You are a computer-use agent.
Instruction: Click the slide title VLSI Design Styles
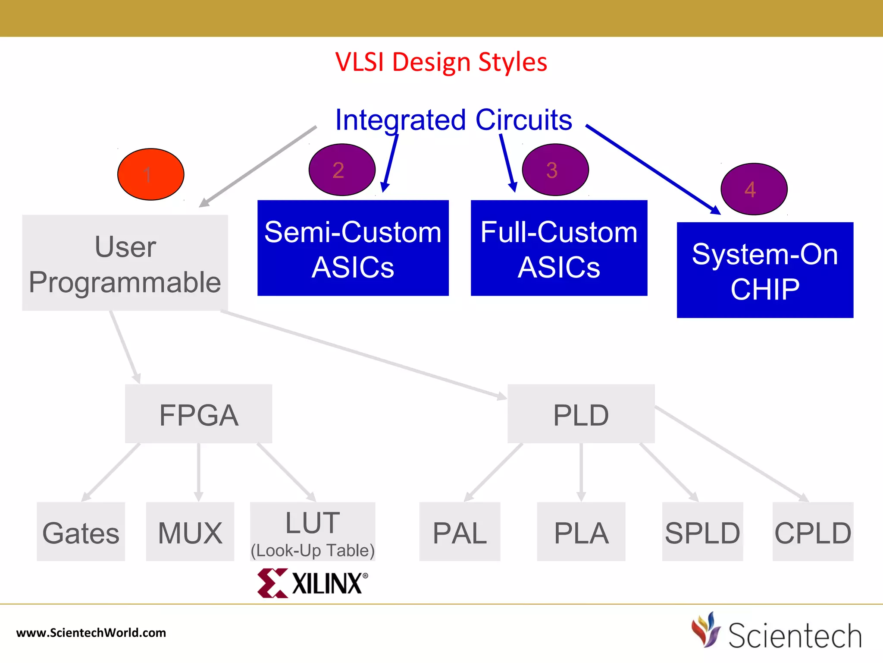click(441, 62)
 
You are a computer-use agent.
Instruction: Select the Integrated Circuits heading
click(453, 120)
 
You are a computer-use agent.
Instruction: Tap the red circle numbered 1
click(151, 174)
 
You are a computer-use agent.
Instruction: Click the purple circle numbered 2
click(342, 170)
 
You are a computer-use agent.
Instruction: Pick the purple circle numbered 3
click(555, 170)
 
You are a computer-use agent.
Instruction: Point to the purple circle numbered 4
click(754, 189)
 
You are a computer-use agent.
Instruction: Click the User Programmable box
click(125, 263)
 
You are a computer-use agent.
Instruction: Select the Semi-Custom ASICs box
click(353, 248)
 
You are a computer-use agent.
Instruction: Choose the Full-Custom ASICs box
click(559, 248)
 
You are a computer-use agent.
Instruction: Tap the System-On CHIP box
click(765, 270)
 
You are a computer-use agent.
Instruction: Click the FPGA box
click(198, 414)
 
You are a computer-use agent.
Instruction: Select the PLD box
click(581, 414)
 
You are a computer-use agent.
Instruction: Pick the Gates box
click(81, 532)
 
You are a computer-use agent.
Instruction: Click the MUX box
click(190, 532)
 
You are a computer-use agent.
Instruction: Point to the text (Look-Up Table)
click(313, 551)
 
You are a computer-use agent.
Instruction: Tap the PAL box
click(460, 532)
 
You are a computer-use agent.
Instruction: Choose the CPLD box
click(813, 532)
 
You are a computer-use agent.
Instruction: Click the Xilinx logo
click(313, 583)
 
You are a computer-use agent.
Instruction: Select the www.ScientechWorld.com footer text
click(91, 633)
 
